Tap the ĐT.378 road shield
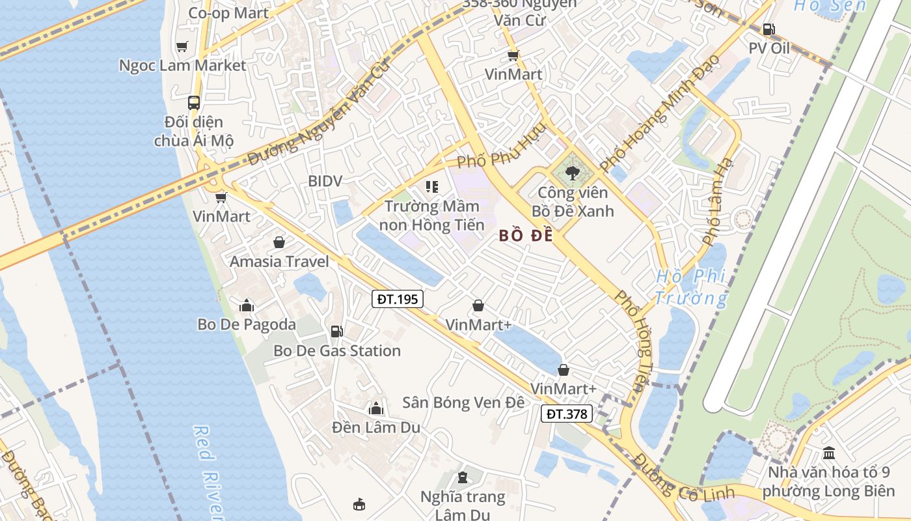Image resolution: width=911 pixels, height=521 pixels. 567,414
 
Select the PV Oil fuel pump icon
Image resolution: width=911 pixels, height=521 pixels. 768,29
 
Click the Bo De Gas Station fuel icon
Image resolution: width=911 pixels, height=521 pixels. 336,331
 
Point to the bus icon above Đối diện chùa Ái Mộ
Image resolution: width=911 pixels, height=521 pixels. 194,102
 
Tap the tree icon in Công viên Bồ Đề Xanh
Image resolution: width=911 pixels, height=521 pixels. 573,173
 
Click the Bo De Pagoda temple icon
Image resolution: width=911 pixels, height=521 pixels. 247,305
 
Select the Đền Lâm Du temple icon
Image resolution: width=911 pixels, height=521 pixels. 375,409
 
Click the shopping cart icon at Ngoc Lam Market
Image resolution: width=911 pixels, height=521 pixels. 182,47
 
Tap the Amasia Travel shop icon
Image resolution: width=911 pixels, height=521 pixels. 279,243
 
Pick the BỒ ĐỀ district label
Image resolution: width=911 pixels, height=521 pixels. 526,236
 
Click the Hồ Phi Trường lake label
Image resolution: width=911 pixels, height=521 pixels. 691,287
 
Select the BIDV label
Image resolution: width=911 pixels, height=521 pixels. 325,181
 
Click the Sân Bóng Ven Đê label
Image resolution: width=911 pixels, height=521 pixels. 463,402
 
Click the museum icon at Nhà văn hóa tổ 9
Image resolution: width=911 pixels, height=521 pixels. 829,453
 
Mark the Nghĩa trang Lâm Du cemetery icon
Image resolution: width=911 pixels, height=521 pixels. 462,478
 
